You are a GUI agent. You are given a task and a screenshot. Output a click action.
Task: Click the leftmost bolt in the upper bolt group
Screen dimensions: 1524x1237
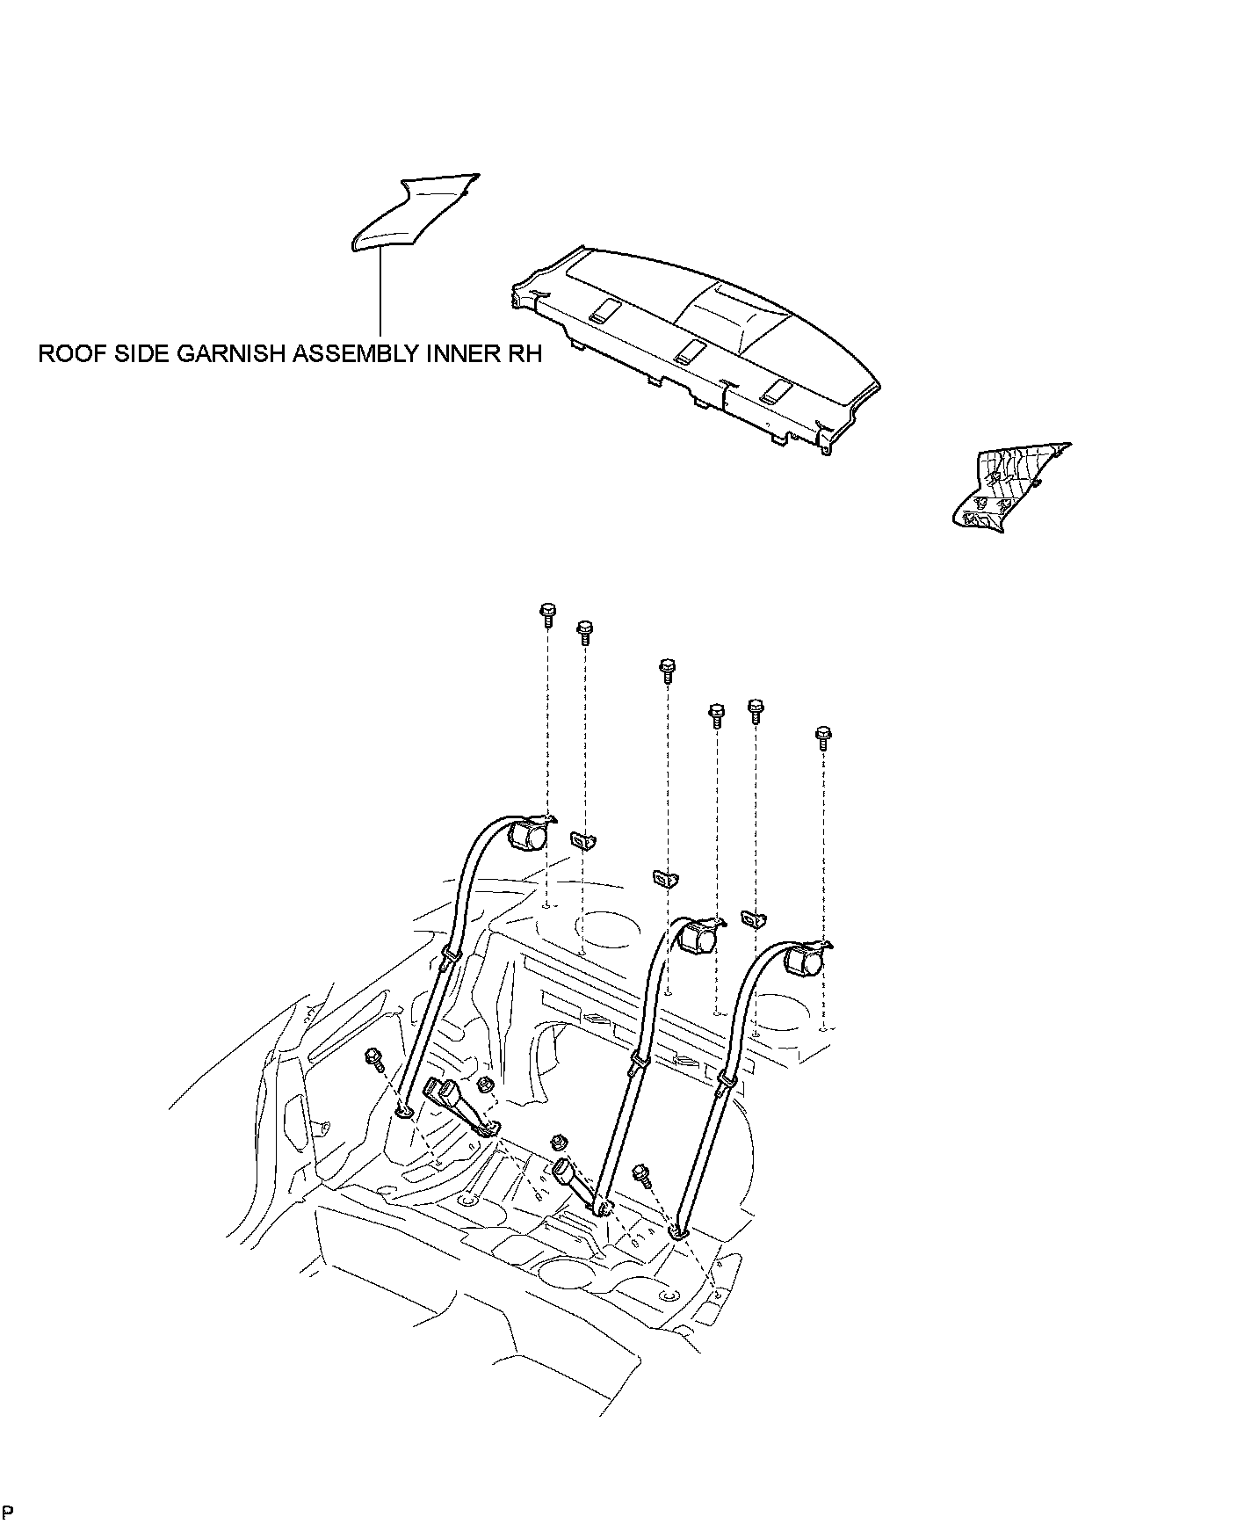[x=546, y=613]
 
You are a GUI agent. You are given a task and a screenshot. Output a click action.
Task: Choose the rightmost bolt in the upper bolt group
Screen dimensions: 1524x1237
[x=822, y=737]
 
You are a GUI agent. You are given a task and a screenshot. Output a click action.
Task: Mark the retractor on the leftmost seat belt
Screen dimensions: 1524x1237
[x=529, y=832]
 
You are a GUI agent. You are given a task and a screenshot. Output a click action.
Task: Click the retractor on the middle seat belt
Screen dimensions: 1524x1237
[x=699, y=937]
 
